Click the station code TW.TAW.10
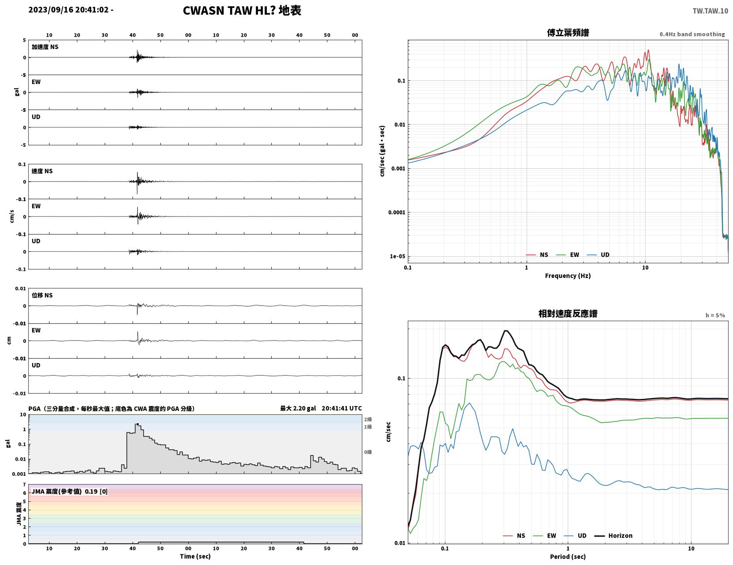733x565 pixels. point(710,11)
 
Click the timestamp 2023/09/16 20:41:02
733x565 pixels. point(68,10)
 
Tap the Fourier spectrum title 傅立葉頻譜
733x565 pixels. point(568,33)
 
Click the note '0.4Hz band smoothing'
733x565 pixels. point(692,34)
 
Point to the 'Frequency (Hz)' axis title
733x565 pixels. point(568,276)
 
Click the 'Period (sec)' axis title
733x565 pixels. point(568,557)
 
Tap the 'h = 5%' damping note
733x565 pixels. point(715,315)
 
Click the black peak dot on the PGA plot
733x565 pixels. point(137,425)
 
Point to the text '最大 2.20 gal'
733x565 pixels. point(298,409)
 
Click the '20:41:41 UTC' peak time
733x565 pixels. point(342,409)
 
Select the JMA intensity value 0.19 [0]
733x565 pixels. point(96,492)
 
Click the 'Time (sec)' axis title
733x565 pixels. point(195,557)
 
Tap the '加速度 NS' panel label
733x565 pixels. point(45,47)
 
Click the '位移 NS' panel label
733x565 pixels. point(42,295)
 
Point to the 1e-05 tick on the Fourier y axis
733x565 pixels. point(397,257)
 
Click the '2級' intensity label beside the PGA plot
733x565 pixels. point(368,419)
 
